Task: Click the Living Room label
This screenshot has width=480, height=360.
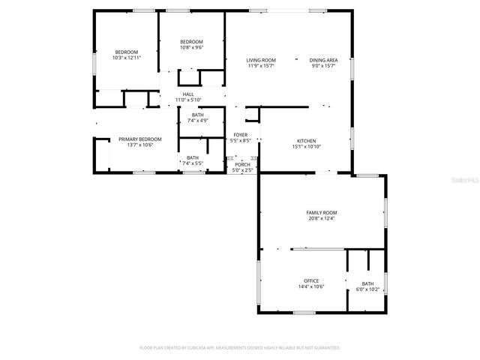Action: pyautogui.click(x=261, y=60)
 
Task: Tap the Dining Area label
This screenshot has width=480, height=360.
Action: pyautogui.click(x=323, y=60)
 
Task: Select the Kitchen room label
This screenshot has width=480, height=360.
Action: pyautogui.click(x=305, y=141)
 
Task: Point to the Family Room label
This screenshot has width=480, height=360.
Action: pyautogui.click(x=321, y=213)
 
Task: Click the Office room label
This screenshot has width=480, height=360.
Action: pyautogui.click(x=311, y=280)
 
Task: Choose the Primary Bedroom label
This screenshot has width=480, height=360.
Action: pyautogui.click(x=140, y=139)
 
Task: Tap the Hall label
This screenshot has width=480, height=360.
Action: pyautogui.click(x=188, y=94)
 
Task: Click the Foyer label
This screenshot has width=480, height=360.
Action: pyautogui.click(x=241, y=135)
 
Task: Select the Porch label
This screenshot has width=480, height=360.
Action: pyautogui.click(x=242, y=164)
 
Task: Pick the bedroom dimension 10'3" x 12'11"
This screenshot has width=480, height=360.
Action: pyautogui.click(x=126, y=58)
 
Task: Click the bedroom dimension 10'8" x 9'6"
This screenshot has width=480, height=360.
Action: pyautogui.click(x=191, y=47)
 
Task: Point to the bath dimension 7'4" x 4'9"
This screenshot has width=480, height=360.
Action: pyautogui.click(x=197, y=120)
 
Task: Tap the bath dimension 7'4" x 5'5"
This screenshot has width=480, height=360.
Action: pyautogui.click(x=193, y=163)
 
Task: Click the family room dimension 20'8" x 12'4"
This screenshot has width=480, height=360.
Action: pyautogui.click(x=321, y=218)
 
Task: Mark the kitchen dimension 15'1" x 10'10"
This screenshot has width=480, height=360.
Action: pyautogui.click(x=305, y=146)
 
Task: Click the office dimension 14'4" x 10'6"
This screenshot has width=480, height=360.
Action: pyautogui.click(x=311, y=286)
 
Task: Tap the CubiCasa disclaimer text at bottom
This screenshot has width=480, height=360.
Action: pyautogui.click(x=240, y=348)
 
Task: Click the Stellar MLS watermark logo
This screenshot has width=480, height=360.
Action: pyautogui.click(x=459, y=181)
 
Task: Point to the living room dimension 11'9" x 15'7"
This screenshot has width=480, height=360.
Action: pyautogui.click(x=261, y=65)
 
